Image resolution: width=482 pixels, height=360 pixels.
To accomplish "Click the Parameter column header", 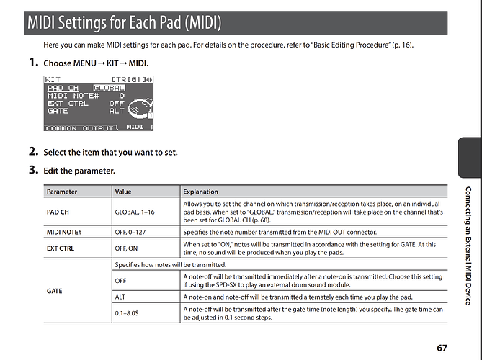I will coord(61,192).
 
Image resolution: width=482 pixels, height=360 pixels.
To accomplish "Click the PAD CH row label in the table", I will coord(58,212).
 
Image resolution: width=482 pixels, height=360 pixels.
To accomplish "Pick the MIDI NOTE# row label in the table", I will coord(63,233).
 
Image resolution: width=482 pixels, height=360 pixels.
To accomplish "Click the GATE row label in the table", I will coord(55,291).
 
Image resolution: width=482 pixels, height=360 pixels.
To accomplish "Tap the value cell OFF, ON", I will coord(126,248).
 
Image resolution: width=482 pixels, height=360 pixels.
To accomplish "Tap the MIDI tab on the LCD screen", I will coord(135,127).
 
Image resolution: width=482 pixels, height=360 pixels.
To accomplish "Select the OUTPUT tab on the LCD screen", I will coord(99,128).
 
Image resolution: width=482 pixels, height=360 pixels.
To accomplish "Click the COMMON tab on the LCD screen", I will coord(61,128).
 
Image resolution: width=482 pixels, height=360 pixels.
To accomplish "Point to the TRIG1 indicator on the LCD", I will coord(129,78).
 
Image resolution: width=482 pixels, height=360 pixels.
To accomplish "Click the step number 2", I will coord(33,152).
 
